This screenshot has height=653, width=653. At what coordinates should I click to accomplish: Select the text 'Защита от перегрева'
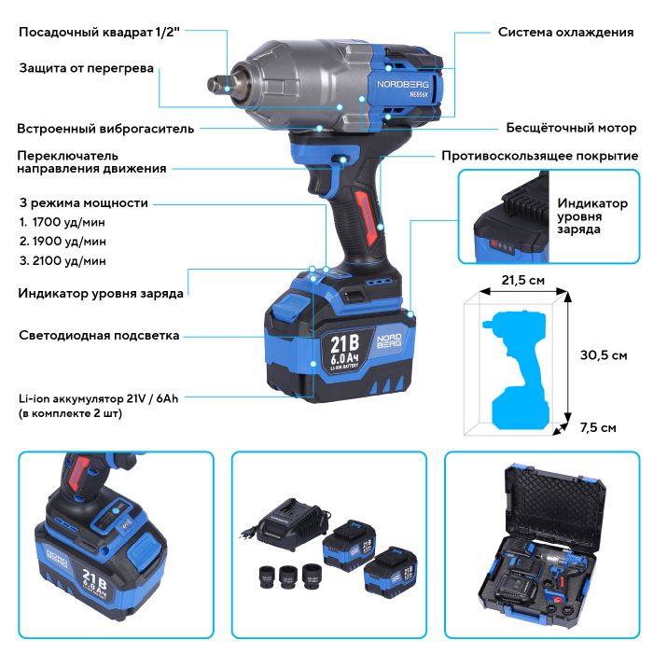87,68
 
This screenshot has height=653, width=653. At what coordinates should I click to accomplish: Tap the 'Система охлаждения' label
565,32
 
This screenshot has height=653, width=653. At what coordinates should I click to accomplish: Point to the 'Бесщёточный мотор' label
571,128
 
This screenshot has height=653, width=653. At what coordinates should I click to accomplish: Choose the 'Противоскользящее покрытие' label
540,156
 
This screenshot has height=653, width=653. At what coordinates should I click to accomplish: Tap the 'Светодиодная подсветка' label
99,336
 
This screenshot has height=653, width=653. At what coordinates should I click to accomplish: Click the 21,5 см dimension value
523,280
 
